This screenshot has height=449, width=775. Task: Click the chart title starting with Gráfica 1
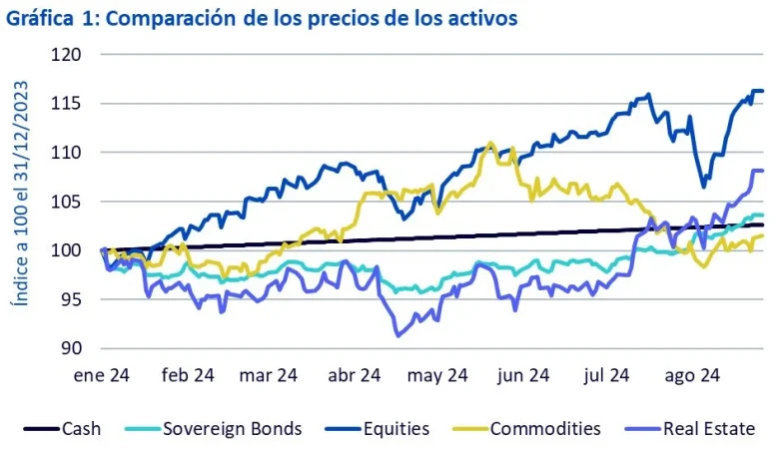click(262, 18)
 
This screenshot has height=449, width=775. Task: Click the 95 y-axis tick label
click(70, 299)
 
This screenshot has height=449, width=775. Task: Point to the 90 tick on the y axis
click(70, 348)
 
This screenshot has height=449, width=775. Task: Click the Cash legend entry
click(81, 428)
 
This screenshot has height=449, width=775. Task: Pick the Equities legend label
click(396, 428)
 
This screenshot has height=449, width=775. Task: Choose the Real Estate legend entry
click(713, 428)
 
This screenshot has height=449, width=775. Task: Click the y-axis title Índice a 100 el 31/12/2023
click(19, 204)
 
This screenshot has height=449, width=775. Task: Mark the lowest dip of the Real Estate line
click(398, 335)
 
